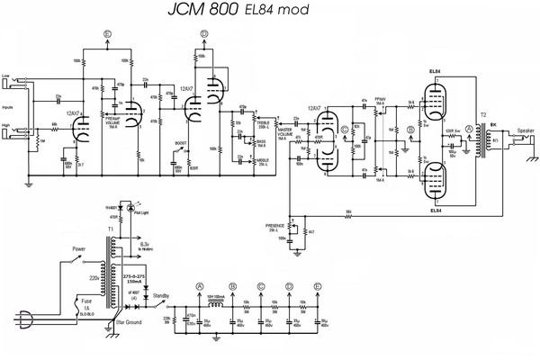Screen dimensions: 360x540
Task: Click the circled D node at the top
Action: pyautogui.click(x=204, y=33)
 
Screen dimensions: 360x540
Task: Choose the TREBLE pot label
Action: pyautogui.click(x=262, y=121)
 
